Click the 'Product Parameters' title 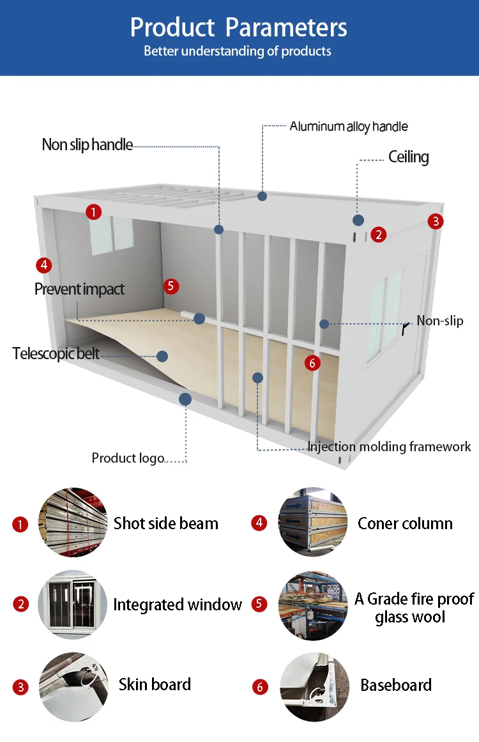click(x=239, y=27)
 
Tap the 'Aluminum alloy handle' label click(x=348, y=126)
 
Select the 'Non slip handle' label click(x=87, y=145)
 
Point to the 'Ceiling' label click(x=408, y=157)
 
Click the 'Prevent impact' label click(x=79, y=289)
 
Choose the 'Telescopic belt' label click(x=56, y=353)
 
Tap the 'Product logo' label click(x=128, y=458)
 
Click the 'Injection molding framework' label click(x=389, y=447)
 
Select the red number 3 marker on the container click(x=436, y=221)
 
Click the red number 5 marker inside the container click(x=171, y=286)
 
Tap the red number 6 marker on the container click(x=312, y=363)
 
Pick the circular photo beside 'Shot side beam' click(x=73, y=523)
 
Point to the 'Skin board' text click(x=155, y=684)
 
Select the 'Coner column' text click(x=405, y=523)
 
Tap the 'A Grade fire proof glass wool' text click(x=414, y=608)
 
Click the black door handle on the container click(x=406, y=328)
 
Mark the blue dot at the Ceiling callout click(x=358, y=220)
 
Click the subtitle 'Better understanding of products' click(x=238, y=51)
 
